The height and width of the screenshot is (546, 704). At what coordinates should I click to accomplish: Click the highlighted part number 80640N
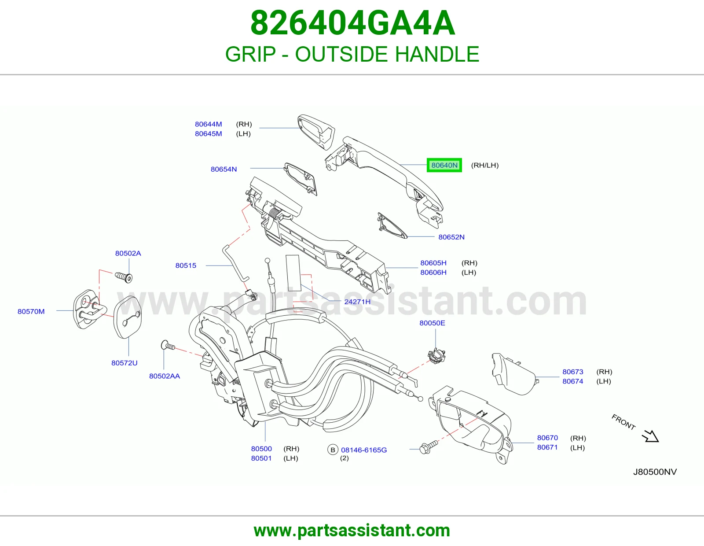point(444,166)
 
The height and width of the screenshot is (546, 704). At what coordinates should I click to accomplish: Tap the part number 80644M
point(208,124)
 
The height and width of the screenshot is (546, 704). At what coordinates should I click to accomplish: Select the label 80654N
point(224,169)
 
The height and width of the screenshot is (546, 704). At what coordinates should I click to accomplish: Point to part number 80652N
point(451,237)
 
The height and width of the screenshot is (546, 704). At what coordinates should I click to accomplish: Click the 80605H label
point(433,263)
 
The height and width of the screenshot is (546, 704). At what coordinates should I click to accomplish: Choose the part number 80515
point(186,266)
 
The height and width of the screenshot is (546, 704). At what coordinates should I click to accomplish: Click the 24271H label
point(357,302)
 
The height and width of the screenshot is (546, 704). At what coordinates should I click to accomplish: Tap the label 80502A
point(128,253)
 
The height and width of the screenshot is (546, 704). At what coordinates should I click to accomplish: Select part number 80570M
point(31,312)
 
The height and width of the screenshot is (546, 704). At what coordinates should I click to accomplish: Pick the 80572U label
point(125,363)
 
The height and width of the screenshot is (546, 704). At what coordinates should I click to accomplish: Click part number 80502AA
point(164,376)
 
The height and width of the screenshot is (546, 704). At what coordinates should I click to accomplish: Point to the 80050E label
point(432,323)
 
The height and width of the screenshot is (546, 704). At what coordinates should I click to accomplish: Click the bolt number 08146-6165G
point(364,450)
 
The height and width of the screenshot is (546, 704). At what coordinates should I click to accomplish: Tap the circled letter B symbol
point(333,450)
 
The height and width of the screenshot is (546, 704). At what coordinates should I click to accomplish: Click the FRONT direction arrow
point(651,436)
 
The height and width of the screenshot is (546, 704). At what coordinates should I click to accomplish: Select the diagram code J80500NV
point(655,472)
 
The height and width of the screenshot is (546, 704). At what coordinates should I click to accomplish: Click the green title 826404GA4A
point(352,23)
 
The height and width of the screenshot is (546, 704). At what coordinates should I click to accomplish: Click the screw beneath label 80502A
point(124,277)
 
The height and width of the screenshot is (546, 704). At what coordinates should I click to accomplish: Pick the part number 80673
point(573,372)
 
